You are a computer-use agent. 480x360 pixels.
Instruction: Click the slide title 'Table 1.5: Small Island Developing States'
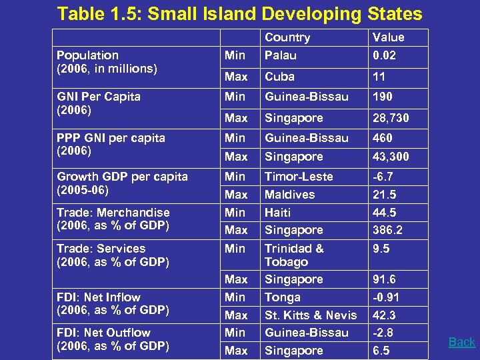240,14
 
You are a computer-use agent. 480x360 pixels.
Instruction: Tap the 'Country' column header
287,38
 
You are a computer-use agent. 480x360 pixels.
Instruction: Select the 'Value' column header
388,38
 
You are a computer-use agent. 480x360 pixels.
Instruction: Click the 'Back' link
461,342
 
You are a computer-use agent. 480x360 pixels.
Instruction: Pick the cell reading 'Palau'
280,55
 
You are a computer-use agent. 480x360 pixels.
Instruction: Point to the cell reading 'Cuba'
279,77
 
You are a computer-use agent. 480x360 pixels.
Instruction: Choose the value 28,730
391,118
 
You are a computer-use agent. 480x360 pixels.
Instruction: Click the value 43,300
391,157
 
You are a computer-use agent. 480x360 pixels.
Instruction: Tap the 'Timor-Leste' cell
299,177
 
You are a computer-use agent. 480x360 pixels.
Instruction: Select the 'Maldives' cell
289,195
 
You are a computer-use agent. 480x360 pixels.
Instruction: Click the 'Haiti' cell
278,213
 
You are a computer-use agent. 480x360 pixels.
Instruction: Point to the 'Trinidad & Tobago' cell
294,255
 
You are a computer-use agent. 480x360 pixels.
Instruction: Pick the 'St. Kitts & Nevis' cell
311,315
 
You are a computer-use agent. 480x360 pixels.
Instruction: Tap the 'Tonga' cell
283,297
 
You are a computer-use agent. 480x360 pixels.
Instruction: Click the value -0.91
386,297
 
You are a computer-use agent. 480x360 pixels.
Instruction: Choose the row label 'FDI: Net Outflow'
103,333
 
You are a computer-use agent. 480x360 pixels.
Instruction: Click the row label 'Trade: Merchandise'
113,213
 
